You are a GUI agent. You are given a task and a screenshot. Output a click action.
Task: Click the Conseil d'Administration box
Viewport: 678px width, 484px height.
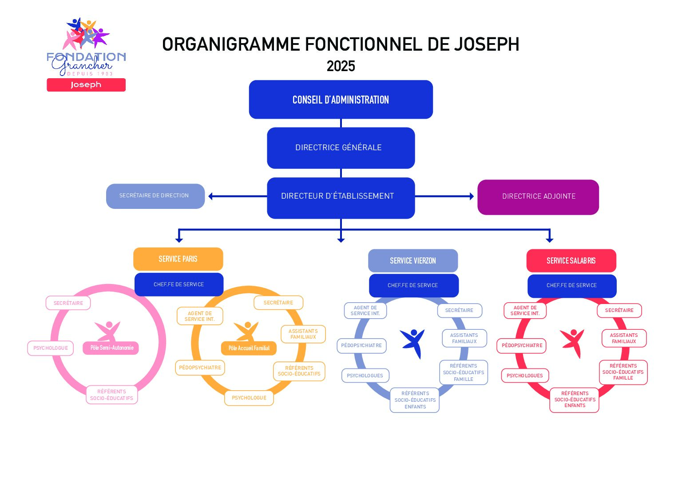(x=341, y=100)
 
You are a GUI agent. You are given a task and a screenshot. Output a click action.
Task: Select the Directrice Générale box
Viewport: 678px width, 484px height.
(x=341, y=148)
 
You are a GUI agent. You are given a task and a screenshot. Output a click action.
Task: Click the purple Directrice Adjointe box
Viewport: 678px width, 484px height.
(x=538, y=197)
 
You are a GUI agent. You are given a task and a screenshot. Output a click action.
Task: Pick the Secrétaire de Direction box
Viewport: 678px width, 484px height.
(x=155, y=196)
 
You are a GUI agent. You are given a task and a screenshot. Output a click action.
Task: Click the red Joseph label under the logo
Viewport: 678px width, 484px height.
(x=86, y=85)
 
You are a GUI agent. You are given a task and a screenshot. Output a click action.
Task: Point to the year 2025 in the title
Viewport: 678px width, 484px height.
(x=341, y=66)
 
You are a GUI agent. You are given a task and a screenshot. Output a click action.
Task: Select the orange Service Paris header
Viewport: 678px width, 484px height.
(x=178, y=259)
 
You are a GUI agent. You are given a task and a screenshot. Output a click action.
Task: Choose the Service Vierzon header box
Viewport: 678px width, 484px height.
(x=412, y=261)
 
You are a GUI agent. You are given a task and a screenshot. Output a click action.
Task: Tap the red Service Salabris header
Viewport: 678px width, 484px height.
(x=571, y=261)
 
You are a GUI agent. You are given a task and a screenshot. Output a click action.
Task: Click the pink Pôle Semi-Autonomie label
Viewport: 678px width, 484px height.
(x=111, y=348)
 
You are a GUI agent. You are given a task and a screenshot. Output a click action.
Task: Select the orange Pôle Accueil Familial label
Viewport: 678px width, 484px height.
(x=249, y=348)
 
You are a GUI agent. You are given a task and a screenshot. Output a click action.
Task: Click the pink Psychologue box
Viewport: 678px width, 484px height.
(x=51, y=348)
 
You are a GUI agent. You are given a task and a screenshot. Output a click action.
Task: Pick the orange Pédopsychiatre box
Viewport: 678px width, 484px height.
(x=200, y=368)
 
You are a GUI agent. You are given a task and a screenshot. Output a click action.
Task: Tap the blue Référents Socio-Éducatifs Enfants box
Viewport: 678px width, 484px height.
(x=415, y=400)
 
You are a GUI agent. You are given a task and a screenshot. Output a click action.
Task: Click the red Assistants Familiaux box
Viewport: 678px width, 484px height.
(x=624, y=338)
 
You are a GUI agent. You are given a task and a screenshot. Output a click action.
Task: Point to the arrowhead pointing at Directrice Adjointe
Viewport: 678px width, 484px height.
(x=472, y=196)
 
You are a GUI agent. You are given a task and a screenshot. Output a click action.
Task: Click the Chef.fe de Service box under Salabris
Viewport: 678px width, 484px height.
(x=571, y=286)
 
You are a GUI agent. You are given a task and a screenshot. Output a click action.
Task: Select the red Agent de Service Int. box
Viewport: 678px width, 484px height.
(x=525, y=311)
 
